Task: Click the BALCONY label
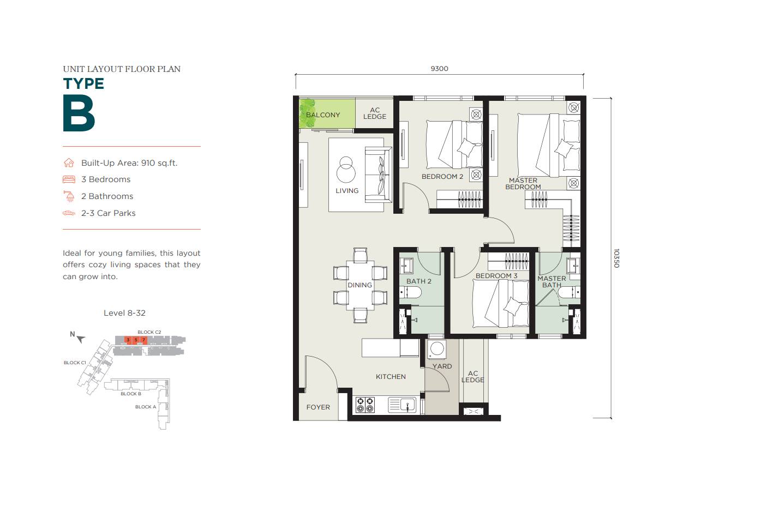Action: (x=323, y=115)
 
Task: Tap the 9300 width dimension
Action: (x=439, y=69)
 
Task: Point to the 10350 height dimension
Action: (x=616, y=258)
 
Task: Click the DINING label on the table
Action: (x=359, y=285)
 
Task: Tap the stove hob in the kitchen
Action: (x=364, y=405)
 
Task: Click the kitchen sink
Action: (x=402, y=405)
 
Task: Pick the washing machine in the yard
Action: (x=437, y=349)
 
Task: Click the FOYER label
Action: (x=318, y=407)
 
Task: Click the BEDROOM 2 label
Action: (x=442, y=177)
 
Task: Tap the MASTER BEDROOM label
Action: (x=523, y=184)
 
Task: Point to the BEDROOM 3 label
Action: (x=496, y=276)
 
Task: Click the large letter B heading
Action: (x=79, y=113)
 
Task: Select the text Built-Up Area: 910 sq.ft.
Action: (x=129, y=163)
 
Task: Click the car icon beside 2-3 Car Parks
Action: (x=69, y=213)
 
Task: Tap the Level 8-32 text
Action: (x=124, y=313)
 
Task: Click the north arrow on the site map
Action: (x=81, y=339)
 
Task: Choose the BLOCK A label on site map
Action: (x=146, y=407)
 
